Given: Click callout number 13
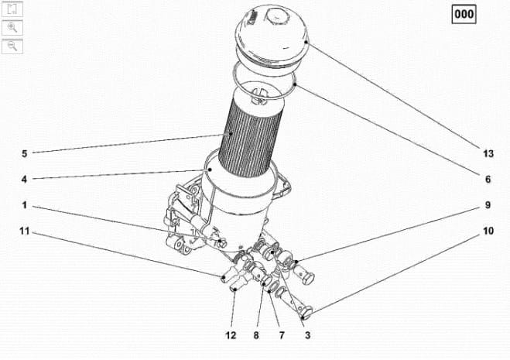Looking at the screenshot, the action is (488, 153).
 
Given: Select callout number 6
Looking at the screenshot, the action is (488, 180).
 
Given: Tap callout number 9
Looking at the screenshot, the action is (488, 205).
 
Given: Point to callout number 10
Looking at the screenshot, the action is (488, 231).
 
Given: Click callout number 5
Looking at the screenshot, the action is (25, 153).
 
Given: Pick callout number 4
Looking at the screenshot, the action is (24, 179).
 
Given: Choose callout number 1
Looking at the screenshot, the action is (24, 205).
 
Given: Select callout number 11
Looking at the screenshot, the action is (25, 231).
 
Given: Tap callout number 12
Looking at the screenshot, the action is (231, 335).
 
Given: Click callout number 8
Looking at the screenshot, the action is (256, 335).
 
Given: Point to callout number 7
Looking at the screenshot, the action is (282, 335).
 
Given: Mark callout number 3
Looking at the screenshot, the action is (307, 335).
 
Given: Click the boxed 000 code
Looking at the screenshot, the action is (464, 14).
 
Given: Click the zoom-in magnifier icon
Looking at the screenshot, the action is (12, 27).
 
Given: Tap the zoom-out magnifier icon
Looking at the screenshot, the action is (12, 46).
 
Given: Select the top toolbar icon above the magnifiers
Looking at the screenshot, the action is (12, 9).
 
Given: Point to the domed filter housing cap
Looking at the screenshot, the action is (272, 36).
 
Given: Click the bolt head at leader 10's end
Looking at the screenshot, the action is (306, 312).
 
